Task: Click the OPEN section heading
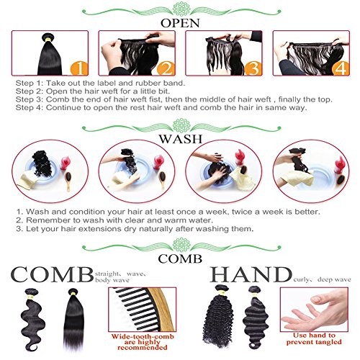tap(180, 23)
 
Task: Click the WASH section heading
tap(181, 139)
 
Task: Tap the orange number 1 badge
tap(79, 68)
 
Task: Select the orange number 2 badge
tap(166, 68)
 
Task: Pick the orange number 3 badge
tap(253, 68)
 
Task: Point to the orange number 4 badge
tap(340, 68)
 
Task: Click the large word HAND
tap(251, 274)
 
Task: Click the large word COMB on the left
tap(52, 274)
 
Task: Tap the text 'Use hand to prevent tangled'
tap(314, 338)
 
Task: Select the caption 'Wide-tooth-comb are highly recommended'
tap(143, 342)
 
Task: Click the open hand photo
tap(314, 310)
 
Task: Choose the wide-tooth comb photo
tap(143, 310)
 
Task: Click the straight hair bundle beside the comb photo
tap(74, 319)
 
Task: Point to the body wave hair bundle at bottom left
tap(32, 319)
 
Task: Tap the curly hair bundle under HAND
tap(218, 316)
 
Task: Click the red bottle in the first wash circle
tap(65, 163)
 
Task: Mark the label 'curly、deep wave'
tap(322, 280)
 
